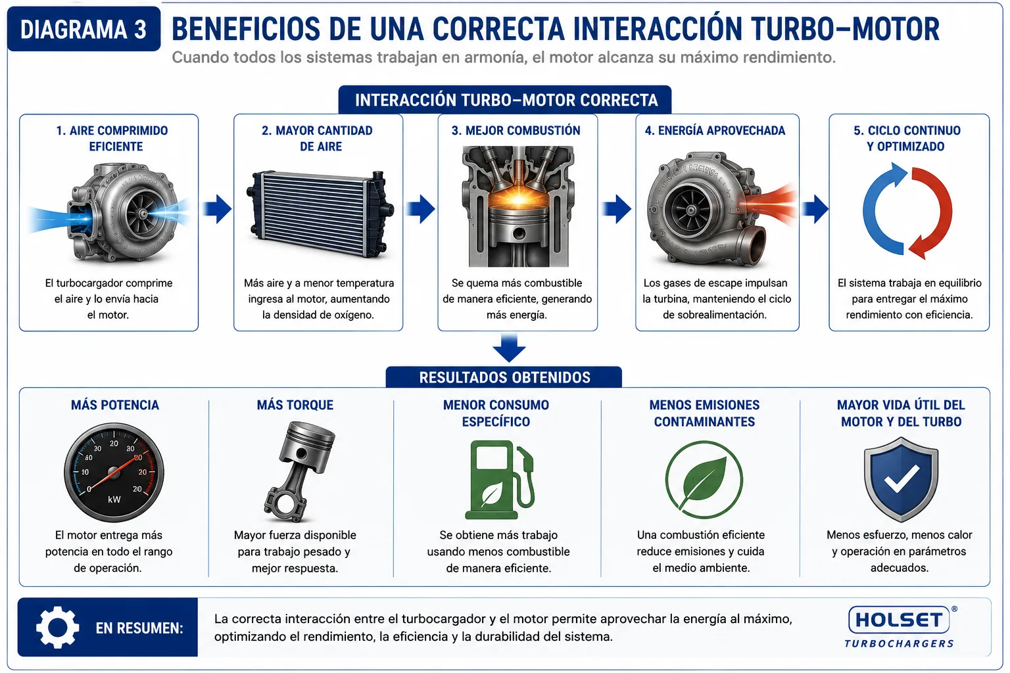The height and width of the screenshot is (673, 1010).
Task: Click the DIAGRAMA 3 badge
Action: coord(84,29)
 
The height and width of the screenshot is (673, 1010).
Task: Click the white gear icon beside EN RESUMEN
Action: coord(57,627)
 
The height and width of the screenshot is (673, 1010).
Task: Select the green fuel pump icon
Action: coord(500,480)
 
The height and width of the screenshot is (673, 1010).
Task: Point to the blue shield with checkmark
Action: coord(901,478)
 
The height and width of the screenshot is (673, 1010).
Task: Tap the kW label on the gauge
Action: coord(114,499)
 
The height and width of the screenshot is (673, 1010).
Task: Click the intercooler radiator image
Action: coord(320,214)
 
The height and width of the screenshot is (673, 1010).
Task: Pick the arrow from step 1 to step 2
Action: coord(217,209)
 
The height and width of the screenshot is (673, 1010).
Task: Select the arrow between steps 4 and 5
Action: coord(815,209)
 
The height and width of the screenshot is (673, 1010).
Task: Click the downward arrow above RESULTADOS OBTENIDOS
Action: coord(509,348)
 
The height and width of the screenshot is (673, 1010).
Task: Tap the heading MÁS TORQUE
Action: coord(295,405)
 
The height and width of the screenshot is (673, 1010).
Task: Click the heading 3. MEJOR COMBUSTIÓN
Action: coord(516,131)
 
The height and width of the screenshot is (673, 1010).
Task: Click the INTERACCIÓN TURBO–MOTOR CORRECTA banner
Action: coord(505,100)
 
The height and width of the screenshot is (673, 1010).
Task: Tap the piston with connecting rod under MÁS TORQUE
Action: coord(298,471)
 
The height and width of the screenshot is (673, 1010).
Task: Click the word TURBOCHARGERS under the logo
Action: coord(900,643)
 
